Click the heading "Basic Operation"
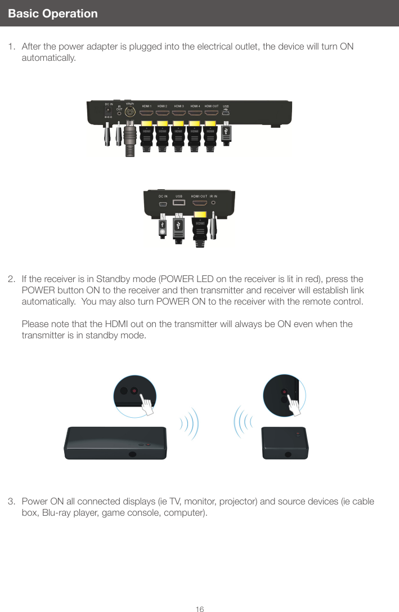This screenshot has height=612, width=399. tap(53, 14)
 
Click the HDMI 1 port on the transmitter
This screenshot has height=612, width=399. tap(146, 113)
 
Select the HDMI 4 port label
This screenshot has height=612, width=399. tap(195, 105)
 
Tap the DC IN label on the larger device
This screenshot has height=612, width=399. tap(109, 104)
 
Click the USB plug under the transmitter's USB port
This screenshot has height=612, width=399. tap(226, 132)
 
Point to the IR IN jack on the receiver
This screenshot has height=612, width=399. tap(213, 203)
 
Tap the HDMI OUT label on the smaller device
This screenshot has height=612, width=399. tap(195, 195)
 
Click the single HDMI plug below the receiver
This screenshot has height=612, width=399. tap(200, 227)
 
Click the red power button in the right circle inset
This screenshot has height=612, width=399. tap(284, 391)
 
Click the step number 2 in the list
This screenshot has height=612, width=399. tap(11, 279)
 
